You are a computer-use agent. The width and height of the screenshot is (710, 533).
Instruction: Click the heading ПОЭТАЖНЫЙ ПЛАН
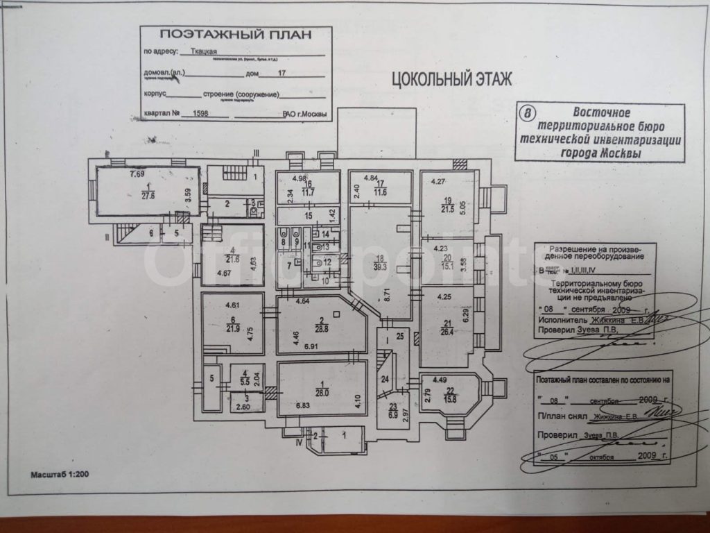[x=236, y=35]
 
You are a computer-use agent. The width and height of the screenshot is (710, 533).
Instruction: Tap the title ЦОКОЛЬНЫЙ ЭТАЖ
[x=452, y=79]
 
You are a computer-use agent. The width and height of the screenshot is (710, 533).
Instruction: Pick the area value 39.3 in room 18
[x=381, y=266]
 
